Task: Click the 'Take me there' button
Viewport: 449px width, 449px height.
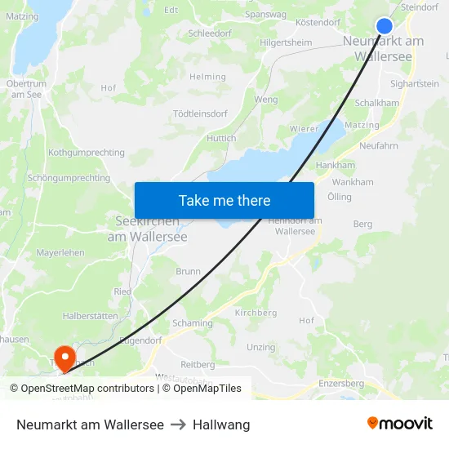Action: (x=224, y=200)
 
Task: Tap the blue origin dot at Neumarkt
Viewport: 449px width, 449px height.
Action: (x=385, y=26)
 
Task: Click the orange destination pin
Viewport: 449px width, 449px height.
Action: (x=64, y=357)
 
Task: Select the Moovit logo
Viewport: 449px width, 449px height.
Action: (x=399, y=424)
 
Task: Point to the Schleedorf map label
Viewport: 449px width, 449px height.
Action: (x=209, y=33)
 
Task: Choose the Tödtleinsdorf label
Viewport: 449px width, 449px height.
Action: (x=200, y=113)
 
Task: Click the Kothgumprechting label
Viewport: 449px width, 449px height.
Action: (x=87, y=153)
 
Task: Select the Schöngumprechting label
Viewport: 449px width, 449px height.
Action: (x=69, y=178)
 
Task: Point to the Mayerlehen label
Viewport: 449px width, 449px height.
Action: (x=60, y=253)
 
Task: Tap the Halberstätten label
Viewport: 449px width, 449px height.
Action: (x=90, y=316)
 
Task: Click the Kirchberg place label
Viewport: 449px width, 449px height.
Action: (x=256, y=313)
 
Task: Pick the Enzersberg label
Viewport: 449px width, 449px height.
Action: (x=341, y=384)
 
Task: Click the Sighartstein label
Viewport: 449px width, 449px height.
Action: (x=415, y=83)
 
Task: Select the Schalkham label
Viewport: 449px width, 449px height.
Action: (x=377, y=104)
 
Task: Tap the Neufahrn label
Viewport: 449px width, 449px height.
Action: (x=379, y=145)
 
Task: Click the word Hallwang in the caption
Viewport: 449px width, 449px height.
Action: (x=221, y=425)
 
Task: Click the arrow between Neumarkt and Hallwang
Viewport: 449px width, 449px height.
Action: (x=178, y=425)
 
